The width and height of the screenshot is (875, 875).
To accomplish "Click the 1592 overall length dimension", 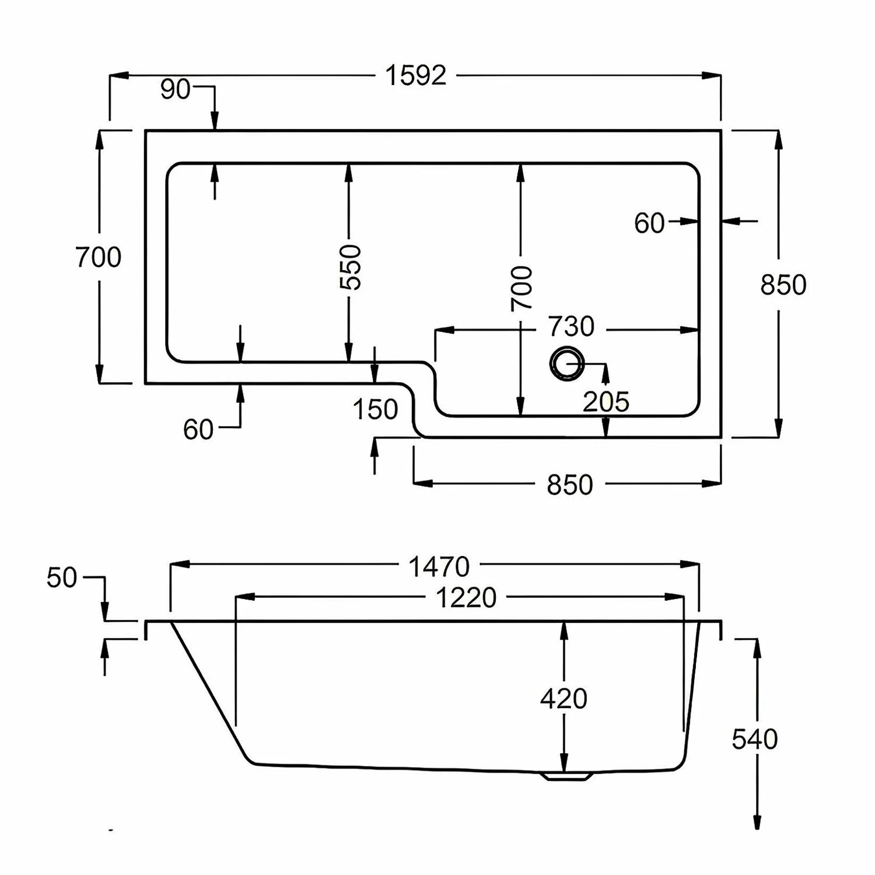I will [416, 76].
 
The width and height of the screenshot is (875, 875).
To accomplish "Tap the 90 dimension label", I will [175, 89].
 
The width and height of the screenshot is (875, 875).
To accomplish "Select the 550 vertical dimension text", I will [351, 267].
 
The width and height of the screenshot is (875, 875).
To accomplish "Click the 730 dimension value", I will [570, 327].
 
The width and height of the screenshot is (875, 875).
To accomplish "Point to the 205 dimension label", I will [606, 402].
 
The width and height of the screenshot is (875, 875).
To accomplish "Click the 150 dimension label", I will [375, 409].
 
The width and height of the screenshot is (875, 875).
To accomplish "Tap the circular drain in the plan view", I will [566, 364].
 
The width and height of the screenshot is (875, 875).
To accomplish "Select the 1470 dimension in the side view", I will [439, 566].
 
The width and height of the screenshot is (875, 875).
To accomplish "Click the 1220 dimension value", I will [466, 598].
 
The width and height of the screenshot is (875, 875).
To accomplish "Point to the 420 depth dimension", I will [563, 698].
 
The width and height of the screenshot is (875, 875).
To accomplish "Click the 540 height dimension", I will [755, 739].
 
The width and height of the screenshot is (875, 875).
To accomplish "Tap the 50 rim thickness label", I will [62, 577].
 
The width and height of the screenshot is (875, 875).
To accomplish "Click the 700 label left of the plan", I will [99, 257].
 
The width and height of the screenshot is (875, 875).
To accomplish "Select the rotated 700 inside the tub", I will [521, 288].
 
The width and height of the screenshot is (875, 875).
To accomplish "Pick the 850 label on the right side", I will [783, 285].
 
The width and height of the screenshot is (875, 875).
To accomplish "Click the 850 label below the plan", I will [569, 485].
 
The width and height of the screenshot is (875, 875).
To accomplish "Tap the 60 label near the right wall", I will [649, 223].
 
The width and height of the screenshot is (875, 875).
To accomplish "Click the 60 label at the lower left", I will [198, 430].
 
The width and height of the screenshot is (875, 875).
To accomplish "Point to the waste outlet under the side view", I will [566, 776].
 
